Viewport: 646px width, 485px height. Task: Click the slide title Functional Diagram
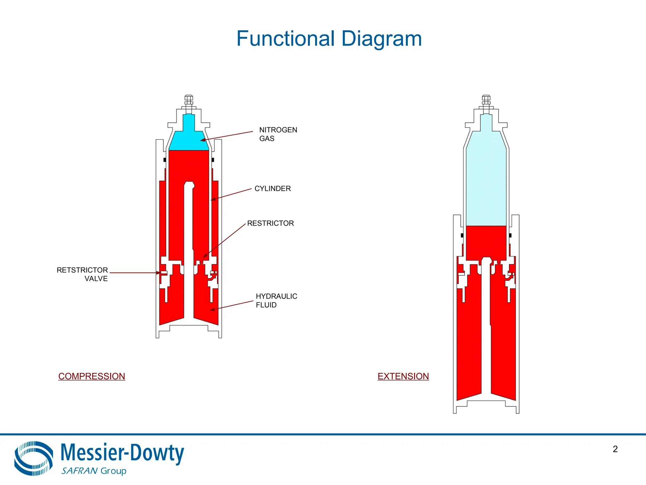pyautogui.click(x=329, y=39)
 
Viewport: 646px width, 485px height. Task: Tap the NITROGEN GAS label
pyautogui.click(x=278, y=134)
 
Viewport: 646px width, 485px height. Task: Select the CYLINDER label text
pyautogui.click(x=273, y=189)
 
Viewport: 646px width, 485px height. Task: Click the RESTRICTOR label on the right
pyautogui.click(x=270, y=223)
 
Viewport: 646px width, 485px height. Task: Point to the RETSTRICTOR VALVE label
pyautogui.click(x=83, y=274)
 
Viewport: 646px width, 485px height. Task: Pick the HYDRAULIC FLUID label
pyautogui.click(x=276, y=301)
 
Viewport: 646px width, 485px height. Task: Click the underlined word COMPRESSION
pyautogui.click(x=91, y=376)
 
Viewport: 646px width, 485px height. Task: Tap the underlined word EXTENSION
pyautogui.click(x=403, y=376)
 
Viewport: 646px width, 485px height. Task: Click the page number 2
pyautogui.click(x=615, y=449)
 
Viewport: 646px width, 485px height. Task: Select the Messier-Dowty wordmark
pyautogui.click(x=122, y=453)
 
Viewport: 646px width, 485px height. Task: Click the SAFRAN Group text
pyautogui.click(x=94, y=471)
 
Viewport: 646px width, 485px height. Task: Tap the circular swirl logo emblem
pyautogui.click(x=33, y=458)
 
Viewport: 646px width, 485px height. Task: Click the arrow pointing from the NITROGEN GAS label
pyautogui.click(x=227, y=136)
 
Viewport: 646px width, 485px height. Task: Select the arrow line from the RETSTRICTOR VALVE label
pyautogui.click(x=134, y=272)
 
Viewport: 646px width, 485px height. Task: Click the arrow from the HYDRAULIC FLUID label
pyautogui.click(x=232, y=306)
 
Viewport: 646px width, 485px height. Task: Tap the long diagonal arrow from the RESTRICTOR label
pyautogui.click(x=225, y=240)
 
